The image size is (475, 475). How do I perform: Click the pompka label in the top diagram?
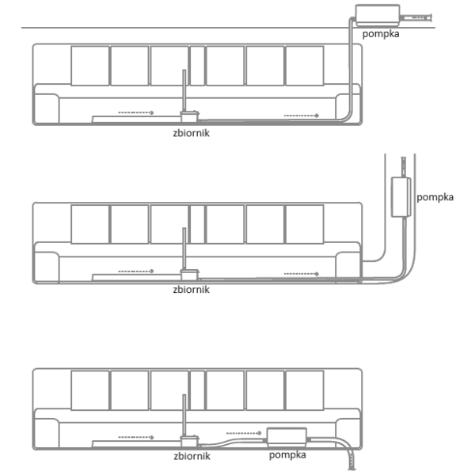[x=381, y=34]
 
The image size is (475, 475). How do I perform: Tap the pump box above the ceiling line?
[x=378, y=16]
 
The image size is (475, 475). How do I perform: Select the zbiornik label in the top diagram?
[x=191, y=133]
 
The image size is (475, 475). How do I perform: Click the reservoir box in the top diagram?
[x=190, y=116]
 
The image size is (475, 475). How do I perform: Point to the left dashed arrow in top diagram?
[x=136, y=112]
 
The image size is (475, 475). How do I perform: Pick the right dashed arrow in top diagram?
[x=302, y=116]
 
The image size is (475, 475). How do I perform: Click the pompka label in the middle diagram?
[x=435, y=197]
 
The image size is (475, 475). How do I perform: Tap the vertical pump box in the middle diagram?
[x=401, y=197]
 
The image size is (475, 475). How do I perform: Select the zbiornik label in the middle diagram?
[x=191, y=290]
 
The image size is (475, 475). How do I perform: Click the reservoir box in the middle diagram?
[x=190, y=275]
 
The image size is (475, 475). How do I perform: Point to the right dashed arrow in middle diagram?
[x=302, y=274]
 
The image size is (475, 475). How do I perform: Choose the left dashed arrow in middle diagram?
[x=136, y=272]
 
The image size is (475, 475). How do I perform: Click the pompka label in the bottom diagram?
[x=287, y=455]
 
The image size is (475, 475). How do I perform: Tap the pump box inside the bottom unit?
[x=287, y=437]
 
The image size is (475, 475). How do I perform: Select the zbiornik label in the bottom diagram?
[x=192, y=456]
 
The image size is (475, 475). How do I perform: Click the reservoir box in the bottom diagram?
[x=190, y=442]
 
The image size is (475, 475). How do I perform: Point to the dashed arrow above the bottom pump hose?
[x=244, y=433]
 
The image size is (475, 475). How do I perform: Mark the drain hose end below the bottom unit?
[x=351, y=469]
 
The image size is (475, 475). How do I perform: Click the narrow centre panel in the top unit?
[x=197, y=66]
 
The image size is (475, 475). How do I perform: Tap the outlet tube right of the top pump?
[x=416, y=18]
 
